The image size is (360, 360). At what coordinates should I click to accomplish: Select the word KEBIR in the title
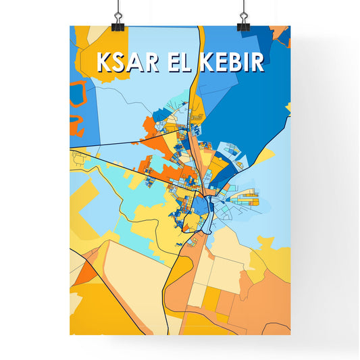coord(232,61)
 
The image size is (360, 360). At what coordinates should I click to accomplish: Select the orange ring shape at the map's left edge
coord(78,91)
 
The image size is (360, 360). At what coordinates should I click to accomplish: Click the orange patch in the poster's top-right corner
coord(279,32)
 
